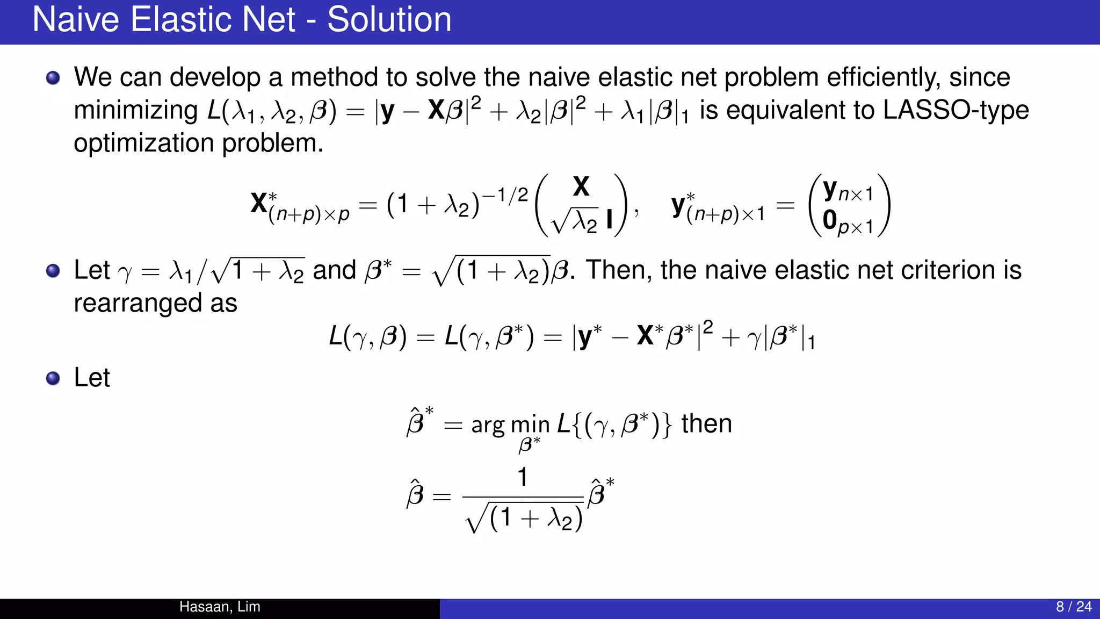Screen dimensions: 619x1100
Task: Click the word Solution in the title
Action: [x=389, y=20]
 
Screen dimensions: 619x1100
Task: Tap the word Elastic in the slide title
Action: [x=212, y=20]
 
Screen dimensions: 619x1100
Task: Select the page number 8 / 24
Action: [x=1074, y=607]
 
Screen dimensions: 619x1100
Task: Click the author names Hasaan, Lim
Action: [x=220, y=607]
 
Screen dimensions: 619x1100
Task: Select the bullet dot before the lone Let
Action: [x=53, y=379]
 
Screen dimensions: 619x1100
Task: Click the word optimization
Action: [x=144, y=143]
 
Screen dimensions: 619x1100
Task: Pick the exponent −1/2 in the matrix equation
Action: [x=505, y=195]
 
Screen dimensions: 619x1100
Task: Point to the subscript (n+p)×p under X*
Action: [x=309, y=214]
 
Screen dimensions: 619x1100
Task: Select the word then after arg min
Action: [x=706, y=423]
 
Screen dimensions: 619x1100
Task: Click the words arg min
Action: [x=510, y=426]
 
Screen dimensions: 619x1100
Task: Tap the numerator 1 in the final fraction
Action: [x=522, y=477]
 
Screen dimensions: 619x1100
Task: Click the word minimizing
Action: [x=136, y=110]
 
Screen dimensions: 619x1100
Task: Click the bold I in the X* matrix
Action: [x=609, y=220]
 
